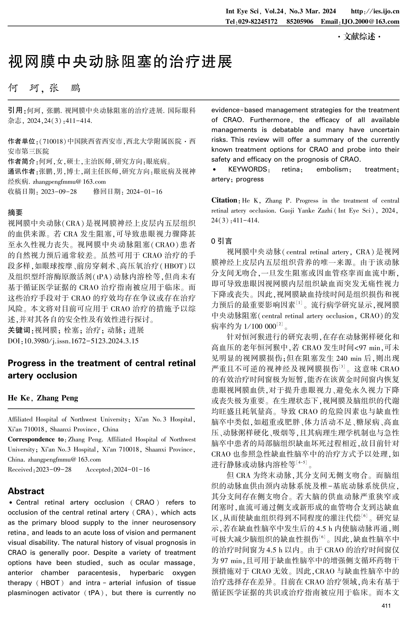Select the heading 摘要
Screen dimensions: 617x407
coord(15,213)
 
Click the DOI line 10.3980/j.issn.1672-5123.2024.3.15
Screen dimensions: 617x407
coord(81,341)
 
